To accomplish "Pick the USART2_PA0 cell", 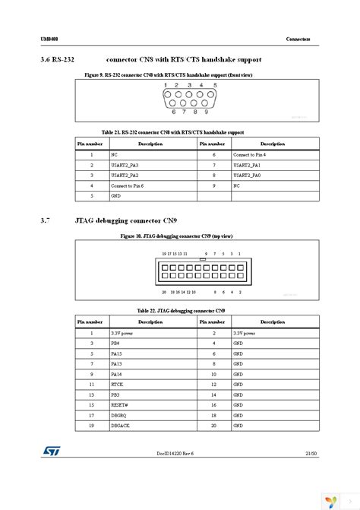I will [247, 174].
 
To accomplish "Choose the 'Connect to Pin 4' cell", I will [250, 154].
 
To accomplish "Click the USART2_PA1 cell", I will [247, 164].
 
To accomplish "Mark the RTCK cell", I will [117, 384].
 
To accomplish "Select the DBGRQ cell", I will [119, 415].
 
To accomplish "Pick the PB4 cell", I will [115, 344].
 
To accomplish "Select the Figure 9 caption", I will [179, 76].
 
